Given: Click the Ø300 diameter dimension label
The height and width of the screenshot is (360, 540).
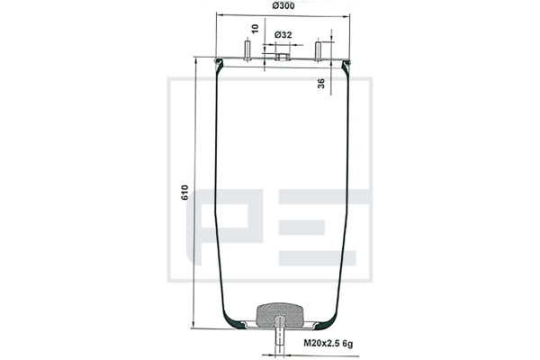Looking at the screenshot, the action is pyautogui.click(x=283, y=5).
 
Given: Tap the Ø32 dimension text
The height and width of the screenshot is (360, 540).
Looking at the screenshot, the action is pyautogui.click(x=283, y=35).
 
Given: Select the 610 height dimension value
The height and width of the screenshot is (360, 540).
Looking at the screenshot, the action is pyautogui.click(x=184, y=193).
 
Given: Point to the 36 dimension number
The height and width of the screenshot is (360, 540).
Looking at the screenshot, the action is pyautogui.click(x=321, y=84).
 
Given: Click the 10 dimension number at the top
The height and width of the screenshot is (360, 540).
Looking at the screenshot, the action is pyautogui.click(x=255, y=29).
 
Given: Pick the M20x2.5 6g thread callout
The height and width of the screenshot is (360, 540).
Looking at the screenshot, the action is pyautogui.click(x=328, y=343).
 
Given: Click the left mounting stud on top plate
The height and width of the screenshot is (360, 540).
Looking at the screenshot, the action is pyautogui.click(x=247, y=51).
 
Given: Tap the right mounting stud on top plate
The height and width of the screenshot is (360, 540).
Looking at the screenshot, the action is pyautogui.click(x=319, y=51).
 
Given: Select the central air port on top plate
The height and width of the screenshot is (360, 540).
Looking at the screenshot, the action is pyautogui.click(x=283, y=57).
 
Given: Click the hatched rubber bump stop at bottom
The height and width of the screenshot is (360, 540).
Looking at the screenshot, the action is pyautogui.click(x=279, y=315).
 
